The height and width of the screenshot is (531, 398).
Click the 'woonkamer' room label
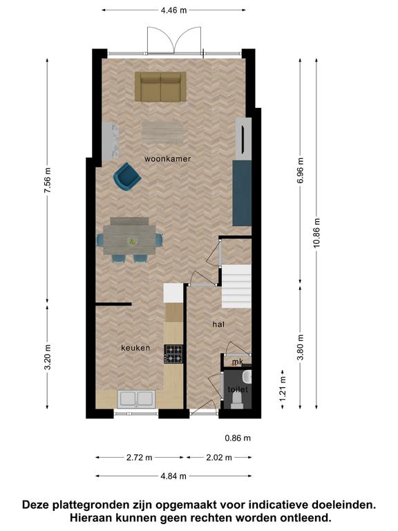coord(167,158)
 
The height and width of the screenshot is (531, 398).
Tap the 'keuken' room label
coord(135,348)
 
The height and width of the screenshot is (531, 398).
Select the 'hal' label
coord(218,324)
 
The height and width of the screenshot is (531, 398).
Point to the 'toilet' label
coord(238,389)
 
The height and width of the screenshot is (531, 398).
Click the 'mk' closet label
coord(238,362)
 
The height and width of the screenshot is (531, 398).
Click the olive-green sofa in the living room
coord(160,86)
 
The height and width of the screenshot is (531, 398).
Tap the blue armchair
coord(127,177)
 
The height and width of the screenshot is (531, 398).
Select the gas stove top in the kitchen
coord(173,354)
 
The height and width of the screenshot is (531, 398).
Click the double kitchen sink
coord(136,399)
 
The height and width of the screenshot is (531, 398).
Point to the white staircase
coord(236,286)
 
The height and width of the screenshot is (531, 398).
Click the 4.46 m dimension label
coord(173,10)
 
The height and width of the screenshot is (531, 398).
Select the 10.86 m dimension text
coord(316,232)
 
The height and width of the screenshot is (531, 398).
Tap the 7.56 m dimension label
coord(47,180)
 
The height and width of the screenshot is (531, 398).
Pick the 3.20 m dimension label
coord(47,357)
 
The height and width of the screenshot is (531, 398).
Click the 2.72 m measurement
coord(140,458)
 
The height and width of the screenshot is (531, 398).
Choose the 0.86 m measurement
coord(238,438)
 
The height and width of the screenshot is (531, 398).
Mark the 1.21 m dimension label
coord(283,389)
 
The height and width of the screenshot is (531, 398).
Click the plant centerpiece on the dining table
coord(132,241)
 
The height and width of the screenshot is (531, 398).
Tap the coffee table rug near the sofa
coord(164,133)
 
